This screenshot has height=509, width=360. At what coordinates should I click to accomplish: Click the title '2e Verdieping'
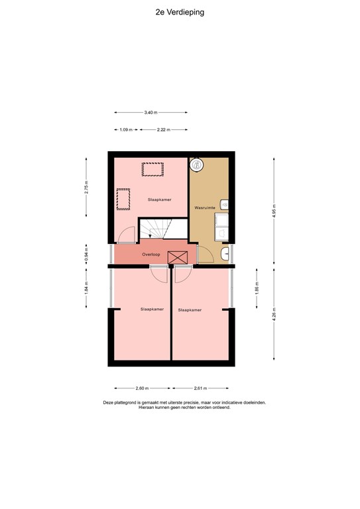pos(180,13)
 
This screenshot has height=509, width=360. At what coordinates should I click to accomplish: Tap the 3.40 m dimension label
pos(150,113)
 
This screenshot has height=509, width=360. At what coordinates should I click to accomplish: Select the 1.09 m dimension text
pos(126,130)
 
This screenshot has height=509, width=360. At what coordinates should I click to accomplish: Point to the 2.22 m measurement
pos(164,130)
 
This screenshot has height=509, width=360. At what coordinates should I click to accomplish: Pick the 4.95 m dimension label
pos(274,211)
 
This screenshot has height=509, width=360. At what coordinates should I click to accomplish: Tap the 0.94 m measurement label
pos(86,254)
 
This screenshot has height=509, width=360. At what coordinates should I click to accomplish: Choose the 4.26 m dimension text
pos(274,314)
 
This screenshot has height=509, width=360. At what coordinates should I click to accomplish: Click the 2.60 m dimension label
pos(142,388)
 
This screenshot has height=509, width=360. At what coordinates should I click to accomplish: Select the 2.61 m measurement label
pos(201,388)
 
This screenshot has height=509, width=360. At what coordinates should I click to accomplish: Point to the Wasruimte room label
pos(205,207)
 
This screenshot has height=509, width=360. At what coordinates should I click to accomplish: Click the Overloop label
pos(151,254)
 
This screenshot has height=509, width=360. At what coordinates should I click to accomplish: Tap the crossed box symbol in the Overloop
pos(178,258)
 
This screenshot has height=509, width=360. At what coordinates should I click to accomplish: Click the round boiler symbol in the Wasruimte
pos(196,164)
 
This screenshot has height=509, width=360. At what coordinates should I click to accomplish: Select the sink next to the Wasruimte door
pos(225,254)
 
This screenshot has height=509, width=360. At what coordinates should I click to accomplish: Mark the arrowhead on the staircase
pos(150,236)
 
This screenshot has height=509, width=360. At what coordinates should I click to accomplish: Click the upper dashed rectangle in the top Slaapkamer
pos(152,170)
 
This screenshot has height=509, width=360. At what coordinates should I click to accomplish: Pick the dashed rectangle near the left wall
pos(123,199)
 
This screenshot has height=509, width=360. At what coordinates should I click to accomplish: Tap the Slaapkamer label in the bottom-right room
pos(190,310)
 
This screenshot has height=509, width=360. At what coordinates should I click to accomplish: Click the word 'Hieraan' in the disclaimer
pos(146,408)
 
